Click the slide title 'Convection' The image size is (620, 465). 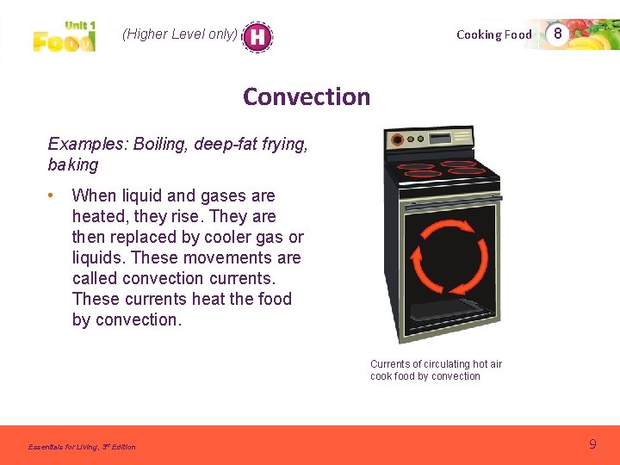click(307, 96)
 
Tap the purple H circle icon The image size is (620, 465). click(257, 36)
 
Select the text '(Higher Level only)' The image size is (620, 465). click(179, 34)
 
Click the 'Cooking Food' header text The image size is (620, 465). click(494, 34)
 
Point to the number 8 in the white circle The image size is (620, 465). click(558, 34)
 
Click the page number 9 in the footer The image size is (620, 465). click(592, 444)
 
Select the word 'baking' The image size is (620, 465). click(73, 164)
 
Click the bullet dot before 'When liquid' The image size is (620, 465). click(53, 196)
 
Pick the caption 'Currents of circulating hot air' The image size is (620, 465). click(436, 364)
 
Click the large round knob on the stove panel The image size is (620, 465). click(398, 139)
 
